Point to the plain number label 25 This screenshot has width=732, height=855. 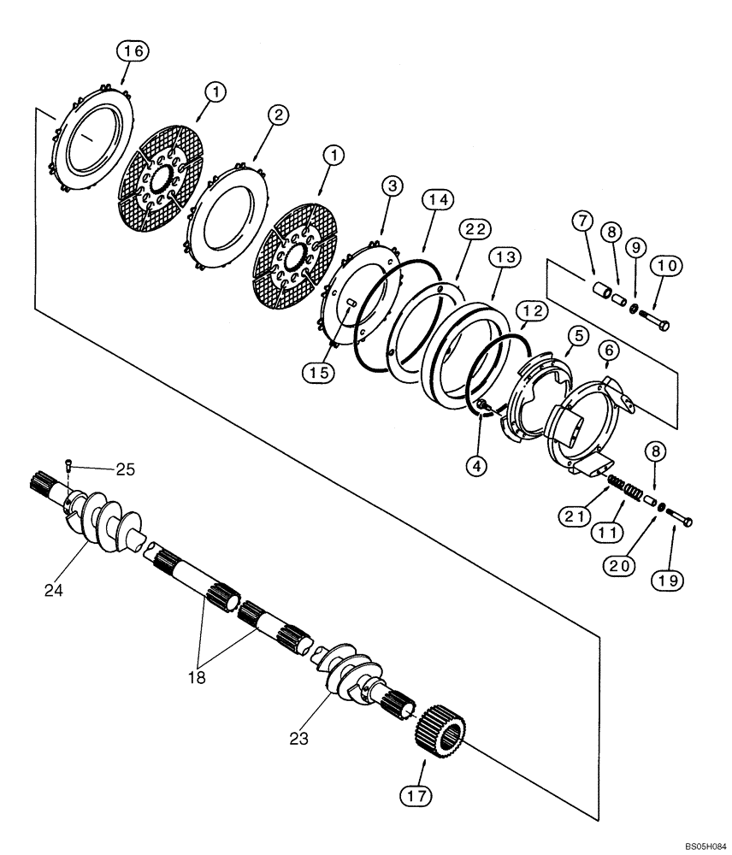tap(126, 469)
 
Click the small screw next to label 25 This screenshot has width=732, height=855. tap(68, 465)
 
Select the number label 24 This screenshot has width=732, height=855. tap(53, 590)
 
